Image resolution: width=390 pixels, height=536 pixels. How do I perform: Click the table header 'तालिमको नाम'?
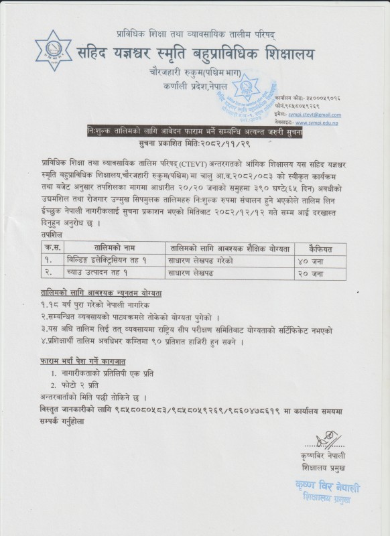pos(106,248)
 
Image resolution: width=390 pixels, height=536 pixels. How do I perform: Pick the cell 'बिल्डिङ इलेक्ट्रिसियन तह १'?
pos(107,260)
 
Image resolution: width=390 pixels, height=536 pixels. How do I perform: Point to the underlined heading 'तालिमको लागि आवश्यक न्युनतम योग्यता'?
pos(101,293)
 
